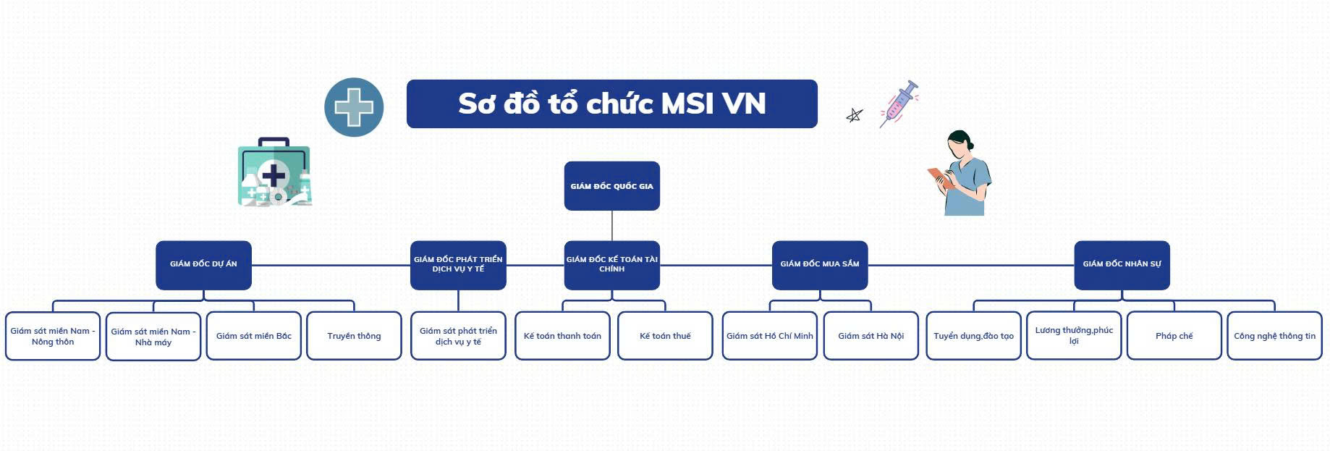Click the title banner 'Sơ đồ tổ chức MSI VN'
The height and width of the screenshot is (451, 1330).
coord(612,104)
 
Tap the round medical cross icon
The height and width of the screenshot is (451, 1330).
coord(354,107)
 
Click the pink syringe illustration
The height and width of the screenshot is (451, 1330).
coord(899,104)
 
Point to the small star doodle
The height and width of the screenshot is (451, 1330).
coord(855,115)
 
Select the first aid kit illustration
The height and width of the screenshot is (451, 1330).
coord(275,172)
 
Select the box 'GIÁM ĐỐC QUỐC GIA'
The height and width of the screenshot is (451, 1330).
coord(612,186)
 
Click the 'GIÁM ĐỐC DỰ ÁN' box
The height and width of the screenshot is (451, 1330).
coord(203,265)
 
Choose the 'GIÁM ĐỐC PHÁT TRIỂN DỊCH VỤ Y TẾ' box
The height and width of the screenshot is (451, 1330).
coord(458,265)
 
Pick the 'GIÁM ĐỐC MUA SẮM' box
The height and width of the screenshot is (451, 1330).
coord(820,265)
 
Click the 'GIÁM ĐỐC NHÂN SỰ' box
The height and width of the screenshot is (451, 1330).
coord(1122,265)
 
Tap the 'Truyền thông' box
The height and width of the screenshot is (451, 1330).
coord(354,336)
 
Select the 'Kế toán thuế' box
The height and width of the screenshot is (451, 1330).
coord(665,336)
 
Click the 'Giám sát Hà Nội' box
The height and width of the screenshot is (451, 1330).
coord(871,336)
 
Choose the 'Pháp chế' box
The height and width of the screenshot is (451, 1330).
coord(1174,336)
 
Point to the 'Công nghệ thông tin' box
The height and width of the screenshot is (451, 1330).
coord(1275,336)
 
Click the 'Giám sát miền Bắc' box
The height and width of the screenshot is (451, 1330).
coord(253,336)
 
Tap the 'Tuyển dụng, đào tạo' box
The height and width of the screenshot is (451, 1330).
coord(973,336)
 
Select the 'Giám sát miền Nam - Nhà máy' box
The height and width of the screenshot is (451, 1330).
coord(153,337)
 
